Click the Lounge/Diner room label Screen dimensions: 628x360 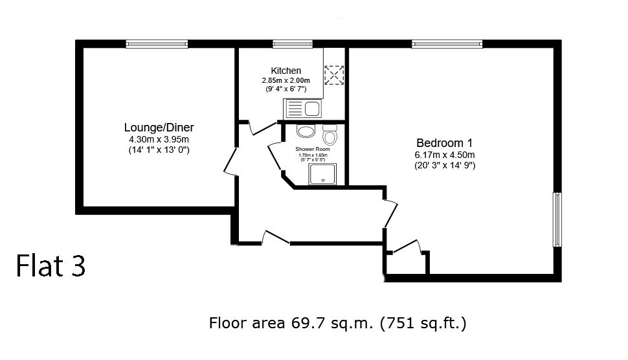tap(159, 128)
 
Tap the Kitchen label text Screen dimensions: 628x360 tap(286, 71)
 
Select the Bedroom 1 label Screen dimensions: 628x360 tap(445, 143)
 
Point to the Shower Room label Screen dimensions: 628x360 tap(313, 149)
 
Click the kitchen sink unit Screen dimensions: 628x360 tap(303, 108)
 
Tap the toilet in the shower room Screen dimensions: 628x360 tap(330, 135)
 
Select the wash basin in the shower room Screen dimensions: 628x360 tap(306, 131)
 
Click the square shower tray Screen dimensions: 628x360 tap(322, 174)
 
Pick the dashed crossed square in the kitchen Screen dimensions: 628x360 tap(334, 75)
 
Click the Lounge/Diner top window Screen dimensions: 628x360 tap(157, 44)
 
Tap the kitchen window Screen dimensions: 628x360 tap(293, 44)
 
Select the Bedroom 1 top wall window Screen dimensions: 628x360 tap(447, 44)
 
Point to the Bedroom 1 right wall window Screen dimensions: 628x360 tap(557, 220)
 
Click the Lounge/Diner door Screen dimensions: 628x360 tap(231, 161)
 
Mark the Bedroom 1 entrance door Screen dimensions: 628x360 tap(390, 214)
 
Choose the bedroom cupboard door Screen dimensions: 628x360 tap(406, 247)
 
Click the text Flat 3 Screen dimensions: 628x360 tap(51, 266)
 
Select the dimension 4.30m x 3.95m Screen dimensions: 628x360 tap(159, 140)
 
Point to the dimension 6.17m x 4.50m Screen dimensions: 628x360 tap(445, 155)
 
